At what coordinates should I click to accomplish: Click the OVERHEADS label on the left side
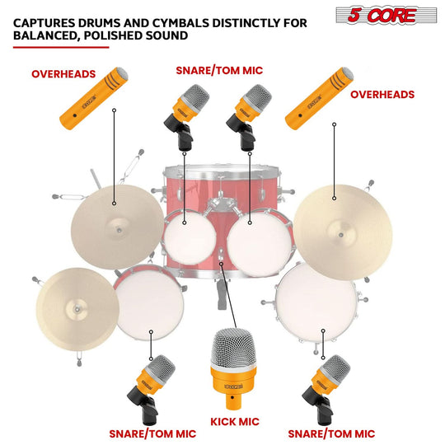[x=64, y=73]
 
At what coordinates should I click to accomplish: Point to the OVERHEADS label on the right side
[x=382, y=95]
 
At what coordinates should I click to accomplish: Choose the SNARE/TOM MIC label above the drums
[x=218, y=71]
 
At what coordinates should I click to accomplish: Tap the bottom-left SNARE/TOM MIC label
[x=152, y=433]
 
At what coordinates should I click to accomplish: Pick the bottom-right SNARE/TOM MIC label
[x=331, y=433]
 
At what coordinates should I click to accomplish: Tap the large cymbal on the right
[x=333, y=222]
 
